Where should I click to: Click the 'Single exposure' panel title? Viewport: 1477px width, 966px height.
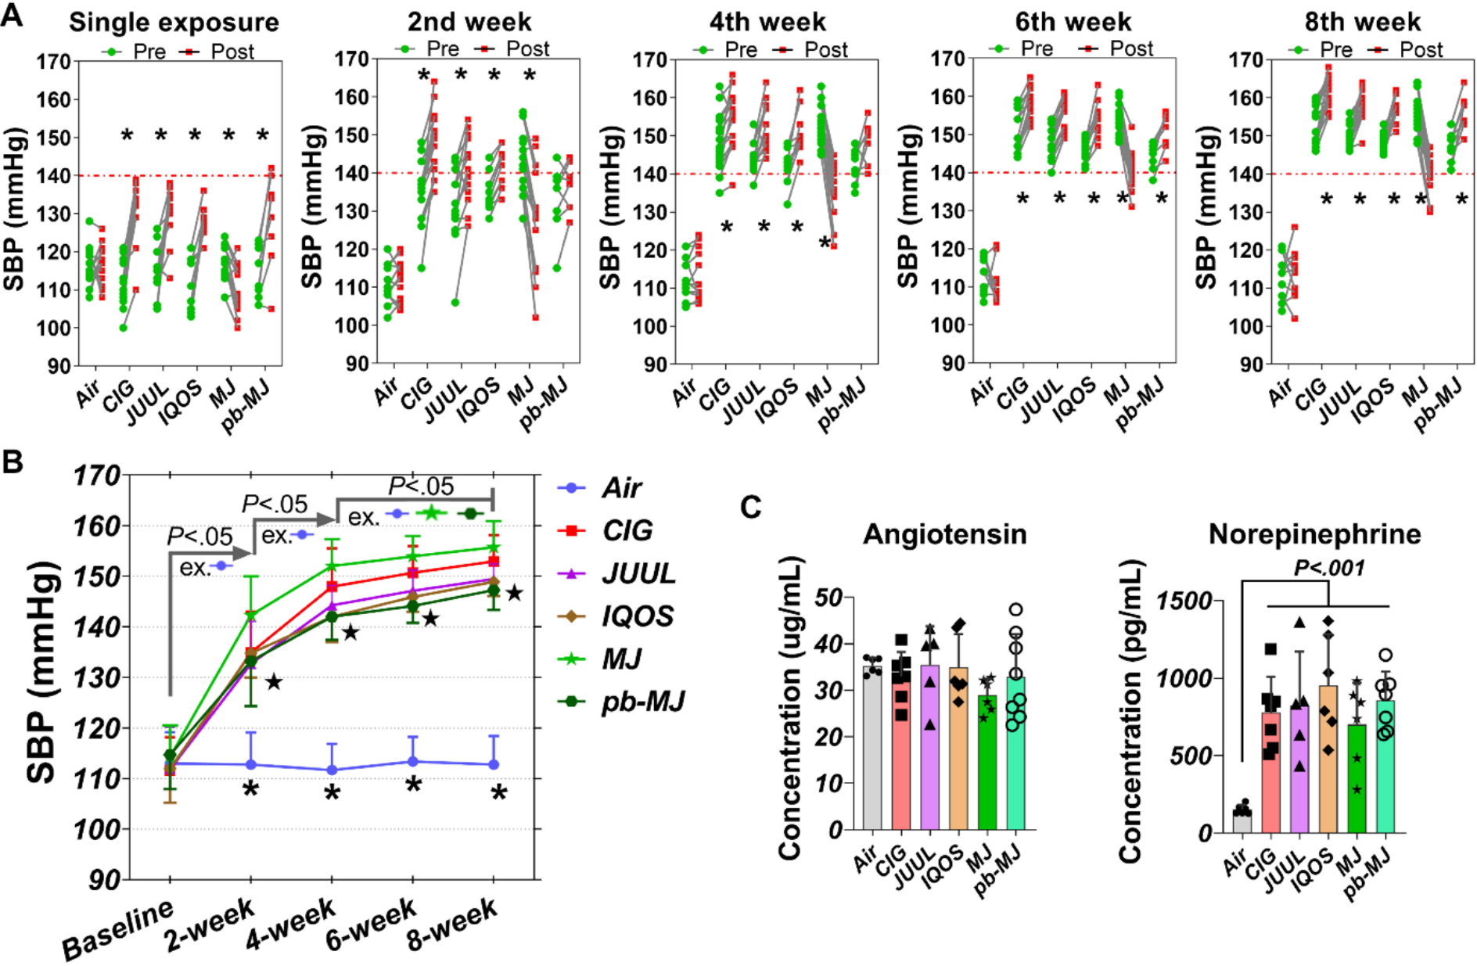[174, 22]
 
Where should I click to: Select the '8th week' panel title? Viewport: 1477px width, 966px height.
[1362, 22]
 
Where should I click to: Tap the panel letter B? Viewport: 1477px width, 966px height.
[13, 462]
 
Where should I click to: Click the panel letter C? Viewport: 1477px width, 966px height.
[750, 508]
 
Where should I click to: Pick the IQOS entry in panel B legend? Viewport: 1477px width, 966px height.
[637, 616]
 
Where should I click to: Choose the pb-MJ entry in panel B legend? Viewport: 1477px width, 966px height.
[642, 702]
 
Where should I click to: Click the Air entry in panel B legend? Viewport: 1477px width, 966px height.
[621, 488]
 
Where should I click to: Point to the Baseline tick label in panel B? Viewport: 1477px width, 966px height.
[117, 931]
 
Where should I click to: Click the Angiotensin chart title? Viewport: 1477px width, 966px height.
[944, 534]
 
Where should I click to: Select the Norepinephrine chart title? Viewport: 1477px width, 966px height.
[1314, 534]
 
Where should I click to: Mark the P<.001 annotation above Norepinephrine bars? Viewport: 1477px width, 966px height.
[1329, 568]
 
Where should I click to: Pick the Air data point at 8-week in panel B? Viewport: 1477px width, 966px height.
[494, 764]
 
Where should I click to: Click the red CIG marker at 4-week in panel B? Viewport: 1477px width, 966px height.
[332, 586]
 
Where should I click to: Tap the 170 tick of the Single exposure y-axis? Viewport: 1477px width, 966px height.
[53, 61]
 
